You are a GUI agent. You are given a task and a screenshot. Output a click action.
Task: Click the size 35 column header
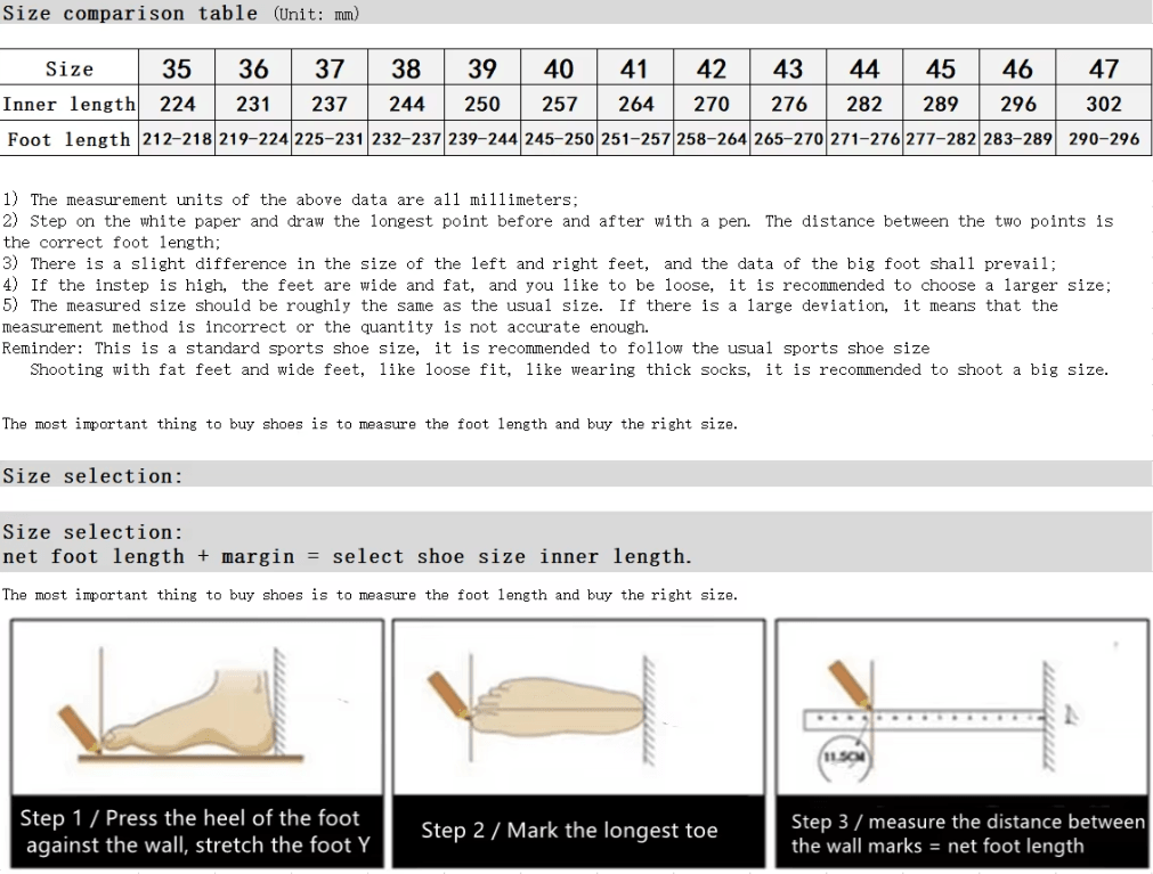pos(177,68)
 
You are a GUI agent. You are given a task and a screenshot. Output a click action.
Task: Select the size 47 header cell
pos(1103,68)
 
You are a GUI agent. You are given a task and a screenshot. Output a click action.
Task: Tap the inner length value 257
pos(559,104)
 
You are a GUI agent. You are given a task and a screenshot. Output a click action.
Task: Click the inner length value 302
pos(1103,104)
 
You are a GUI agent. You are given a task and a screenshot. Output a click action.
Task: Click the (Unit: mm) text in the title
pos(316,14)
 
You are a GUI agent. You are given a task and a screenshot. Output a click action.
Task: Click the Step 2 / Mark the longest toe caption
pos(569,830)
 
